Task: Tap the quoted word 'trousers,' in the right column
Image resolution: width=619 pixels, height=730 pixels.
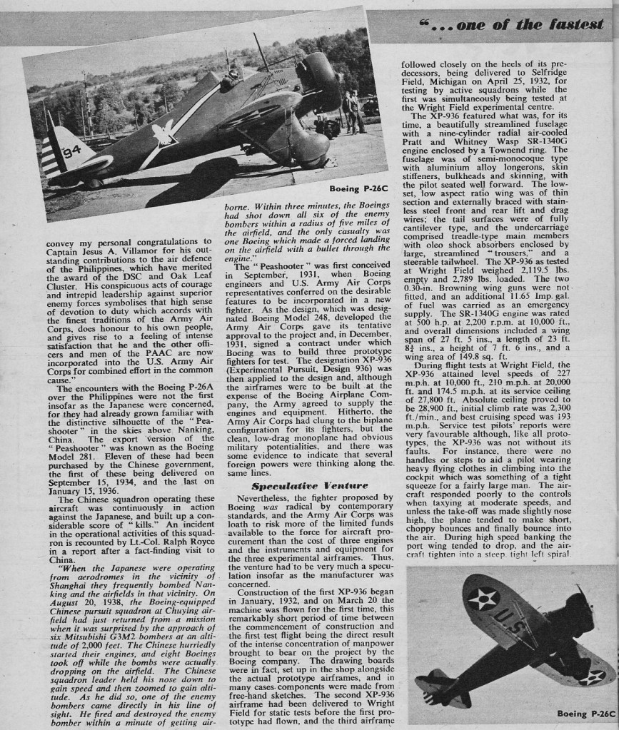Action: [508, 252]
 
